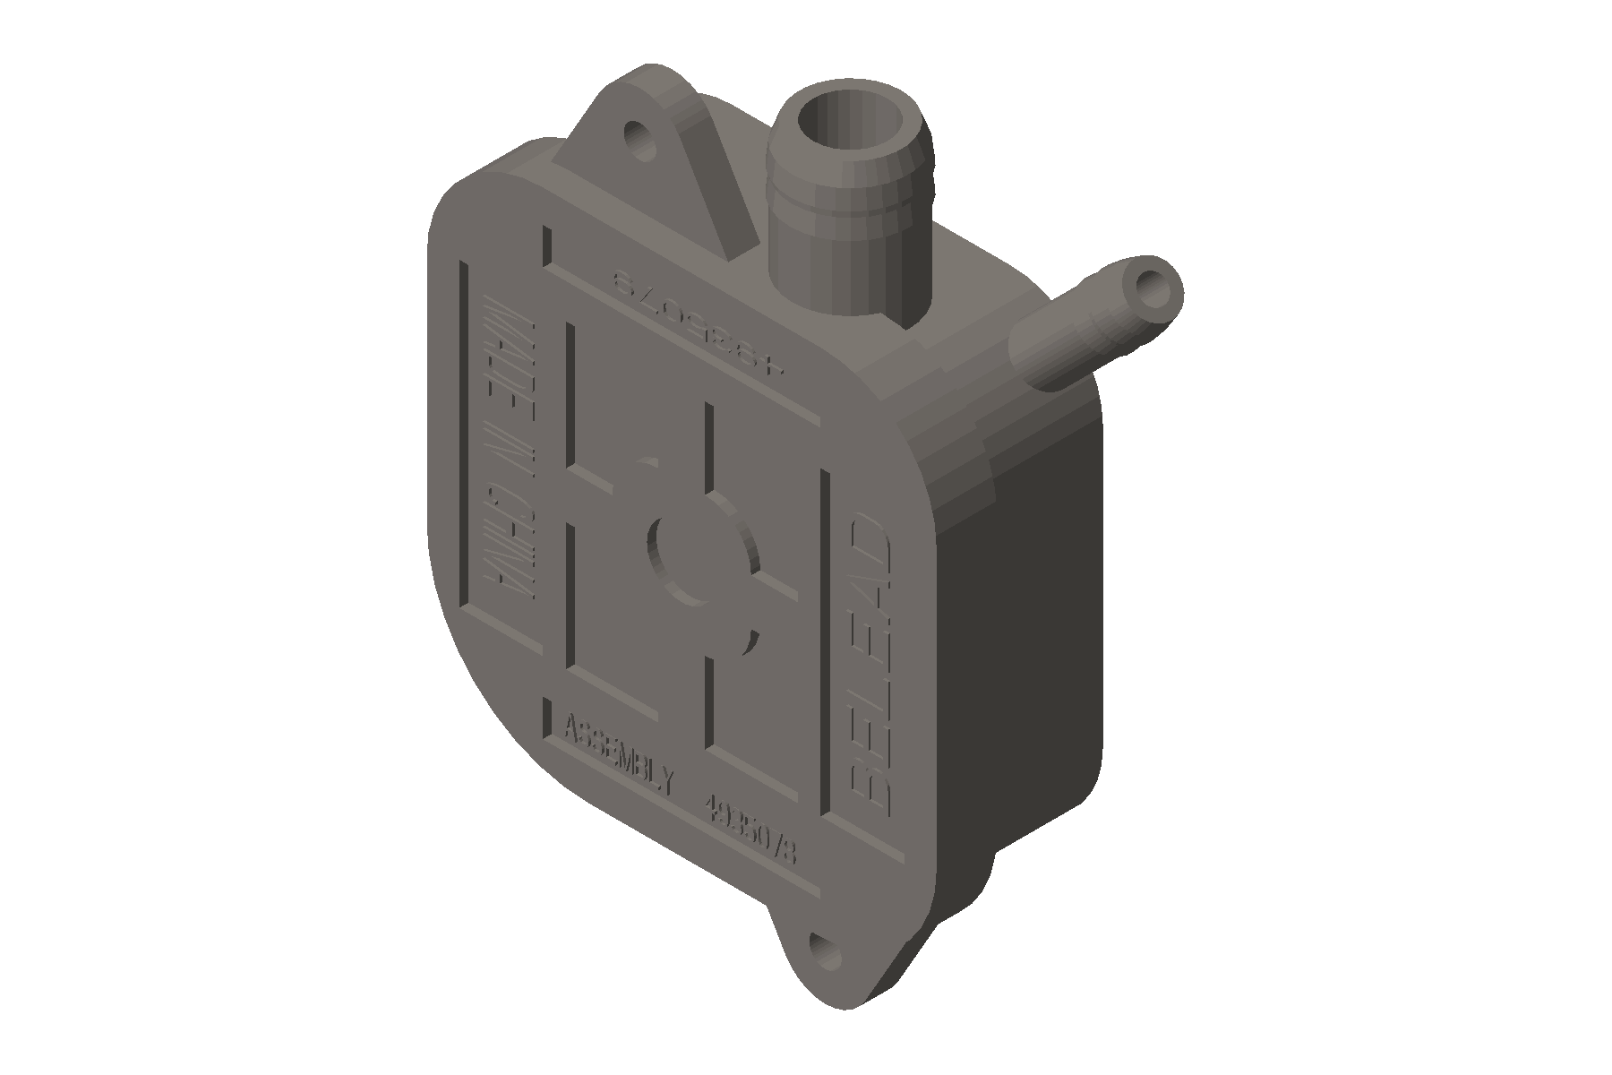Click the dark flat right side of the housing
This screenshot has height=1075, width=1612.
point(1021,645)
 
